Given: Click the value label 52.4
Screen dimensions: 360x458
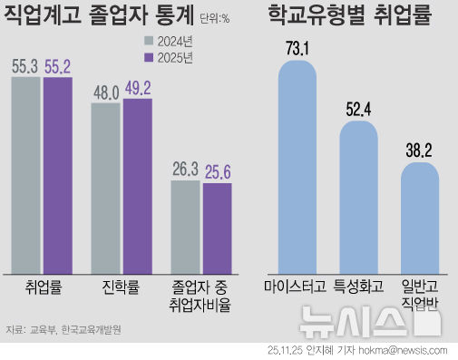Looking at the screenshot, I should point(358,107).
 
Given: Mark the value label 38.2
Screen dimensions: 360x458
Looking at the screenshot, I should point(419,150).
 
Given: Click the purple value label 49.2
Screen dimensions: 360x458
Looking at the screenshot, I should point(138,89).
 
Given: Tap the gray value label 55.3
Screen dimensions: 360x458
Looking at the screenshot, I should point(25,65).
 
